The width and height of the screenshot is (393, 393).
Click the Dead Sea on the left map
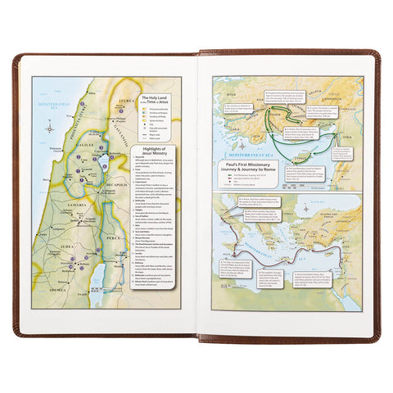(x=98, y=273)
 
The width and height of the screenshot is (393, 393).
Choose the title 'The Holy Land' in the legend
(x=153, y=100)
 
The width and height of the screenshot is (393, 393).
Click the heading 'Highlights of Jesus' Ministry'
(x=153, y=157)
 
